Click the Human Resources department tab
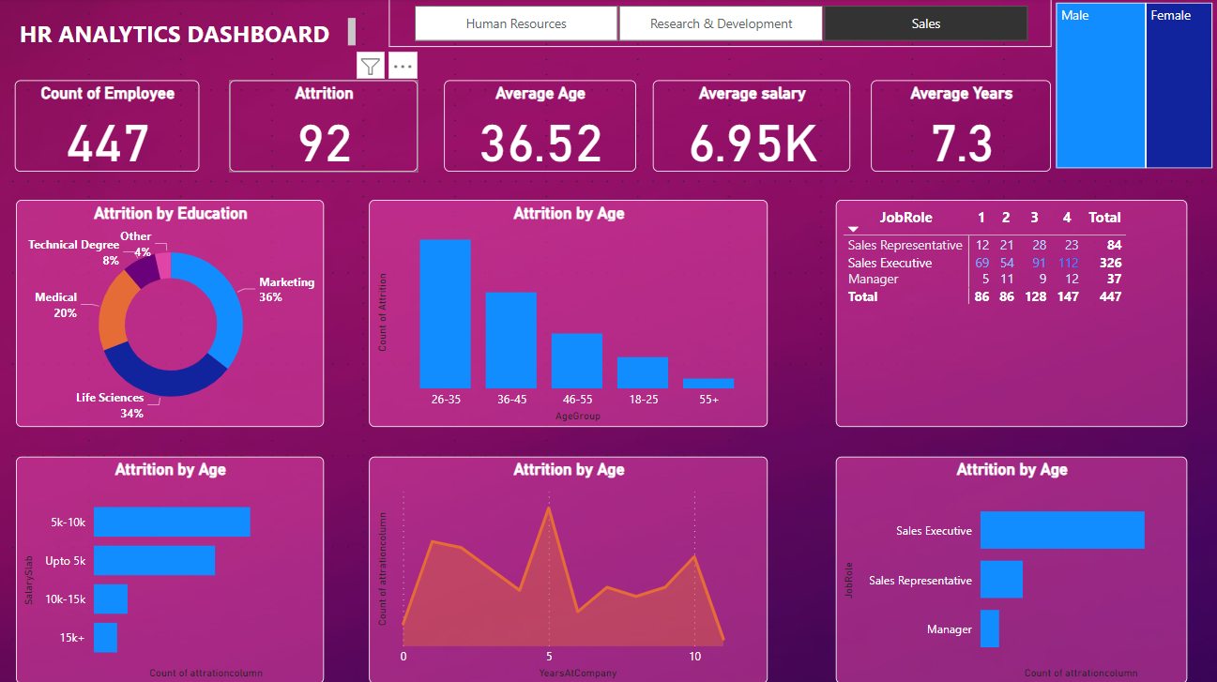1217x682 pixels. tap(516, 23)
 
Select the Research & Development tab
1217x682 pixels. tap(721, 23)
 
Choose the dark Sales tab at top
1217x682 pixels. tap(925, 23)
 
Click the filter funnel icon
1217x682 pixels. tap(371, 66)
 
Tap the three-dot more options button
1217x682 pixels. tap(403, 66)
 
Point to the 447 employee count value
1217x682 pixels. tap(108, 144)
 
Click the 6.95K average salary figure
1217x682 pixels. tap(751, 144)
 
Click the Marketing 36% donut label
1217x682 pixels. tap(286, 289)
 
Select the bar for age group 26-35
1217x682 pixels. tap(445, 314)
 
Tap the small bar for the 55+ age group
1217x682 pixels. tap(708, 383)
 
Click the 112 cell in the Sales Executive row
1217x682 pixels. tap(1068, 263)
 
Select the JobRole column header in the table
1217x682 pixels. tap(905, 218)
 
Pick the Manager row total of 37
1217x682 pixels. tap(1113, 279)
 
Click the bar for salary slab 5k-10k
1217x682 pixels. tap(172, 522)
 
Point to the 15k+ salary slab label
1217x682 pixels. tap(71, 638)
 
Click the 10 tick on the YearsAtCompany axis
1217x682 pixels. tap(694, 657)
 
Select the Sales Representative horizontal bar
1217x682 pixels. tap(1001, 580)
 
